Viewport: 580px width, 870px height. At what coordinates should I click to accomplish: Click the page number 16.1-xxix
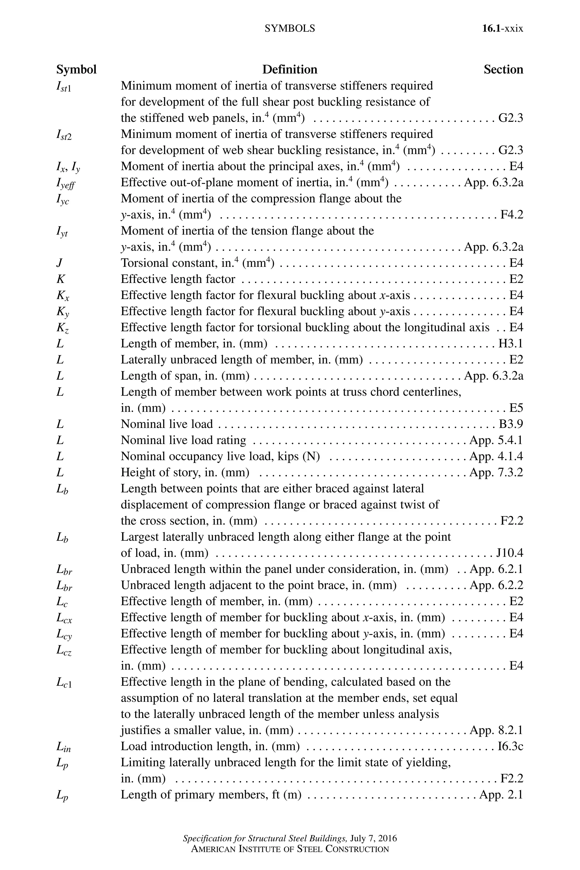(x=502, y=29)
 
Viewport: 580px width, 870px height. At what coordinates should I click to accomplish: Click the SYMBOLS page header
(x=290, y=29)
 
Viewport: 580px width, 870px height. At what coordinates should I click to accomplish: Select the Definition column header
(x=290, y=70)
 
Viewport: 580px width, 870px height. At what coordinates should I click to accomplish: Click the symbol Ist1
(x=64, y=87)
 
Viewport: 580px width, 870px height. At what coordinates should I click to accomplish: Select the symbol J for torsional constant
(x=59, y=263)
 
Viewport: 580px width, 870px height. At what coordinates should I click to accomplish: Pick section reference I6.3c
(x=510, y=747)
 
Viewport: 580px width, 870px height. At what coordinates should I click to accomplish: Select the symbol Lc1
(x=64, y=683)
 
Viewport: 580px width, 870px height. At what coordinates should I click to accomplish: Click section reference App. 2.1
(x=501, y=795)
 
